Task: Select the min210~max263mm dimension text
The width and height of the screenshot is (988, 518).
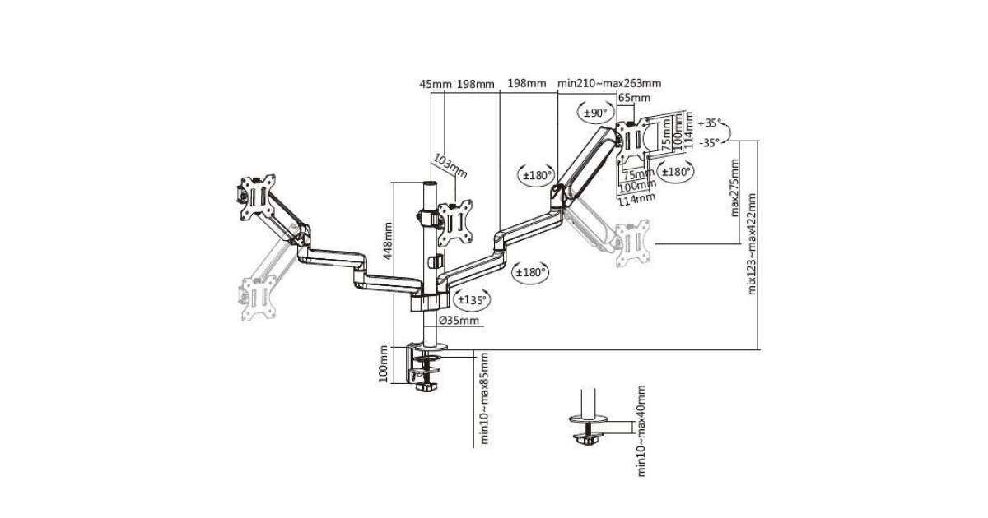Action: [609, 83]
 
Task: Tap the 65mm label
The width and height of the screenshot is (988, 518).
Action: [634, 98]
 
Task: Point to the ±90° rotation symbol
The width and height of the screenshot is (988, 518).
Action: [594, 112]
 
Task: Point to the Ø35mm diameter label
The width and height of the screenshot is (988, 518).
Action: [459, 320]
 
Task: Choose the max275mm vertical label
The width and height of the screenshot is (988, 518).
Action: [735, 188]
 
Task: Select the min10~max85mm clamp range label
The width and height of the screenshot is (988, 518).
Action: [485, 399]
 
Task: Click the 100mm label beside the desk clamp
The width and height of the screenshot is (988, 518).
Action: [384, 363]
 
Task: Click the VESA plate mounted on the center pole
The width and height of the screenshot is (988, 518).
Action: [454, 221]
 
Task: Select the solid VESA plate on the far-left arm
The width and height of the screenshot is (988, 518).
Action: [255, 197]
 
